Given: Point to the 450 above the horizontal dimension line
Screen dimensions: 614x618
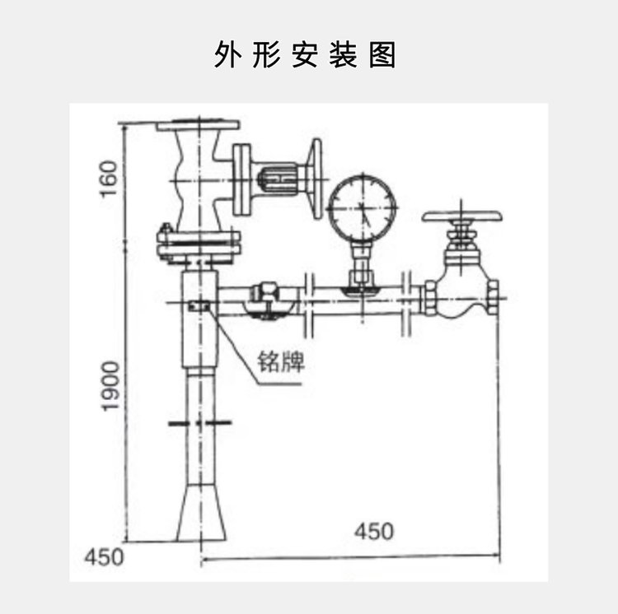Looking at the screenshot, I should [374, 531].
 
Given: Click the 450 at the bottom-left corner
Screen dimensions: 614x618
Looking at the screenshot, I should [104, 556].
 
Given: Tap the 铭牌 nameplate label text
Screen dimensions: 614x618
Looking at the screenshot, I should [281, 361].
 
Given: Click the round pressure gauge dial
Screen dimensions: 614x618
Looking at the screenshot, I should [363, 206].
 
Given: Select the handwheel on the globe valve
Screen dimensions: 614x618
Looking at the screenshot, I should [462, 217].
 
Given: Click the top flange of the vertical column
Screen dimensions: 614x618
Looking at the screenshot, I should [198, 126].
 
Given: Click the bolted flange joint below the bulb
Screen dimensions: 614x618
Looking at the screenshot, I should [199, 244].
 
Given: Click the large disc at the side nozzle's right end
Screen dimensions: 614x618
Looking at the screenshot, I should [315, 179].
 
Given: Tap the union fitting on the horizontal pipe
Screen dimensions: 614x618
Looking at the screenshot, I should [269, 297].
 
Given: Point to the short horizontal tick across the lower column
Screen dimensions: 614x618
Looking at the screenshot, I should [199, 423].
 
